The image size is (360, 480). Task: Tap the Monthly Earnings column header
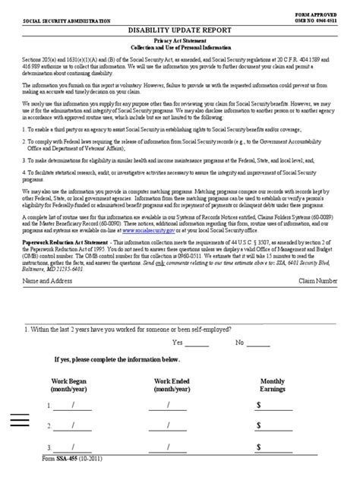[273, 385]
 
